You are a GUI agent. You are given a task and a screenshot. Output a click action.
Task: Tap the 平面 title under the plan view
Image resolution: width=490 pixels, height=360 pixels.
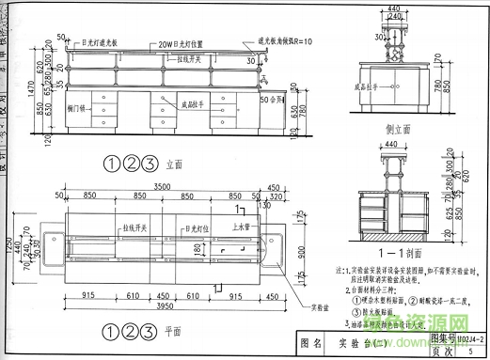[172, 331]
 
